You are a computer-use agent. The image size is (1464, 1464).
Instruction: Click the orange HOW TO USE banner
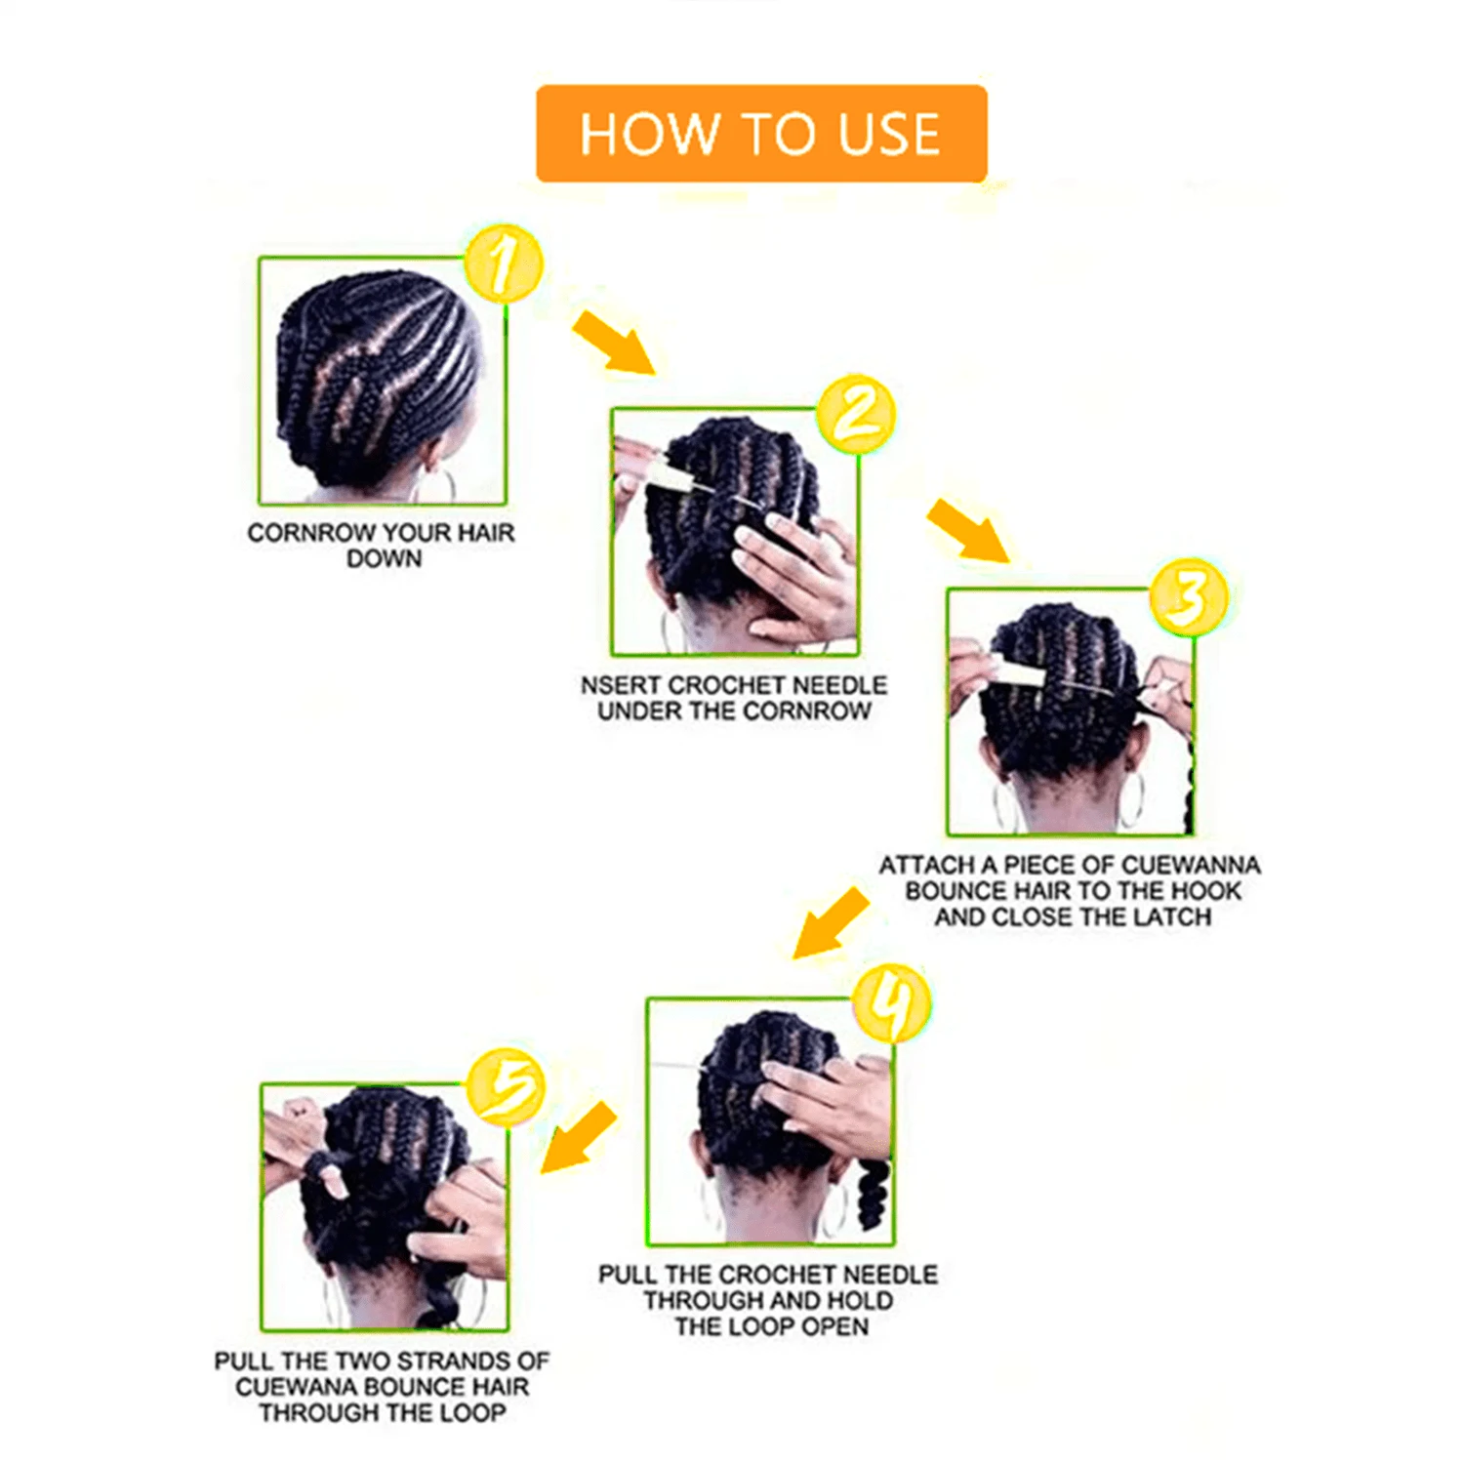click(761, 134)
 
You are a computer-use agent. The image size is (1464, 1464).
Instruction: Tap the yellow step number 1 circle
click(503, 264)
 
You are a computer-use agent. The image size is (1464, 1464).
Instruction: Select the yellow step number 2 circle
click(856, 414)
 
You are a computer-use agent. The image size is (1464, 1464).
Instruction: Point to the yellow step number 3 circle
click(1188, 595)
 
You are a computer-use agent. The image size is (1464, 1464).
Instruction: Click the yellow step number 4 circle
click(891, 1004)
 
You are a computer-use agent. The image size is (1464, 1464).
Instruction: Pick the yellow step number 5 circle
click(505, 1087)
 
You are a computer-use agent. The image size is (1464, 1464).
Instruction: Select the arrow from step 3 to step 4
click(830, 923)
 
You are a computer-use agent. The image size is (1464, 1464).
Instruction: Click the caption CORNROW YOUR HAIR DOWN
click(381, 546)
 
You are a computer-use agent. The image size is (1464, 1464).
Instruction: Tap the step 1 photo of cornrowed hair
click(382, 381)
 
